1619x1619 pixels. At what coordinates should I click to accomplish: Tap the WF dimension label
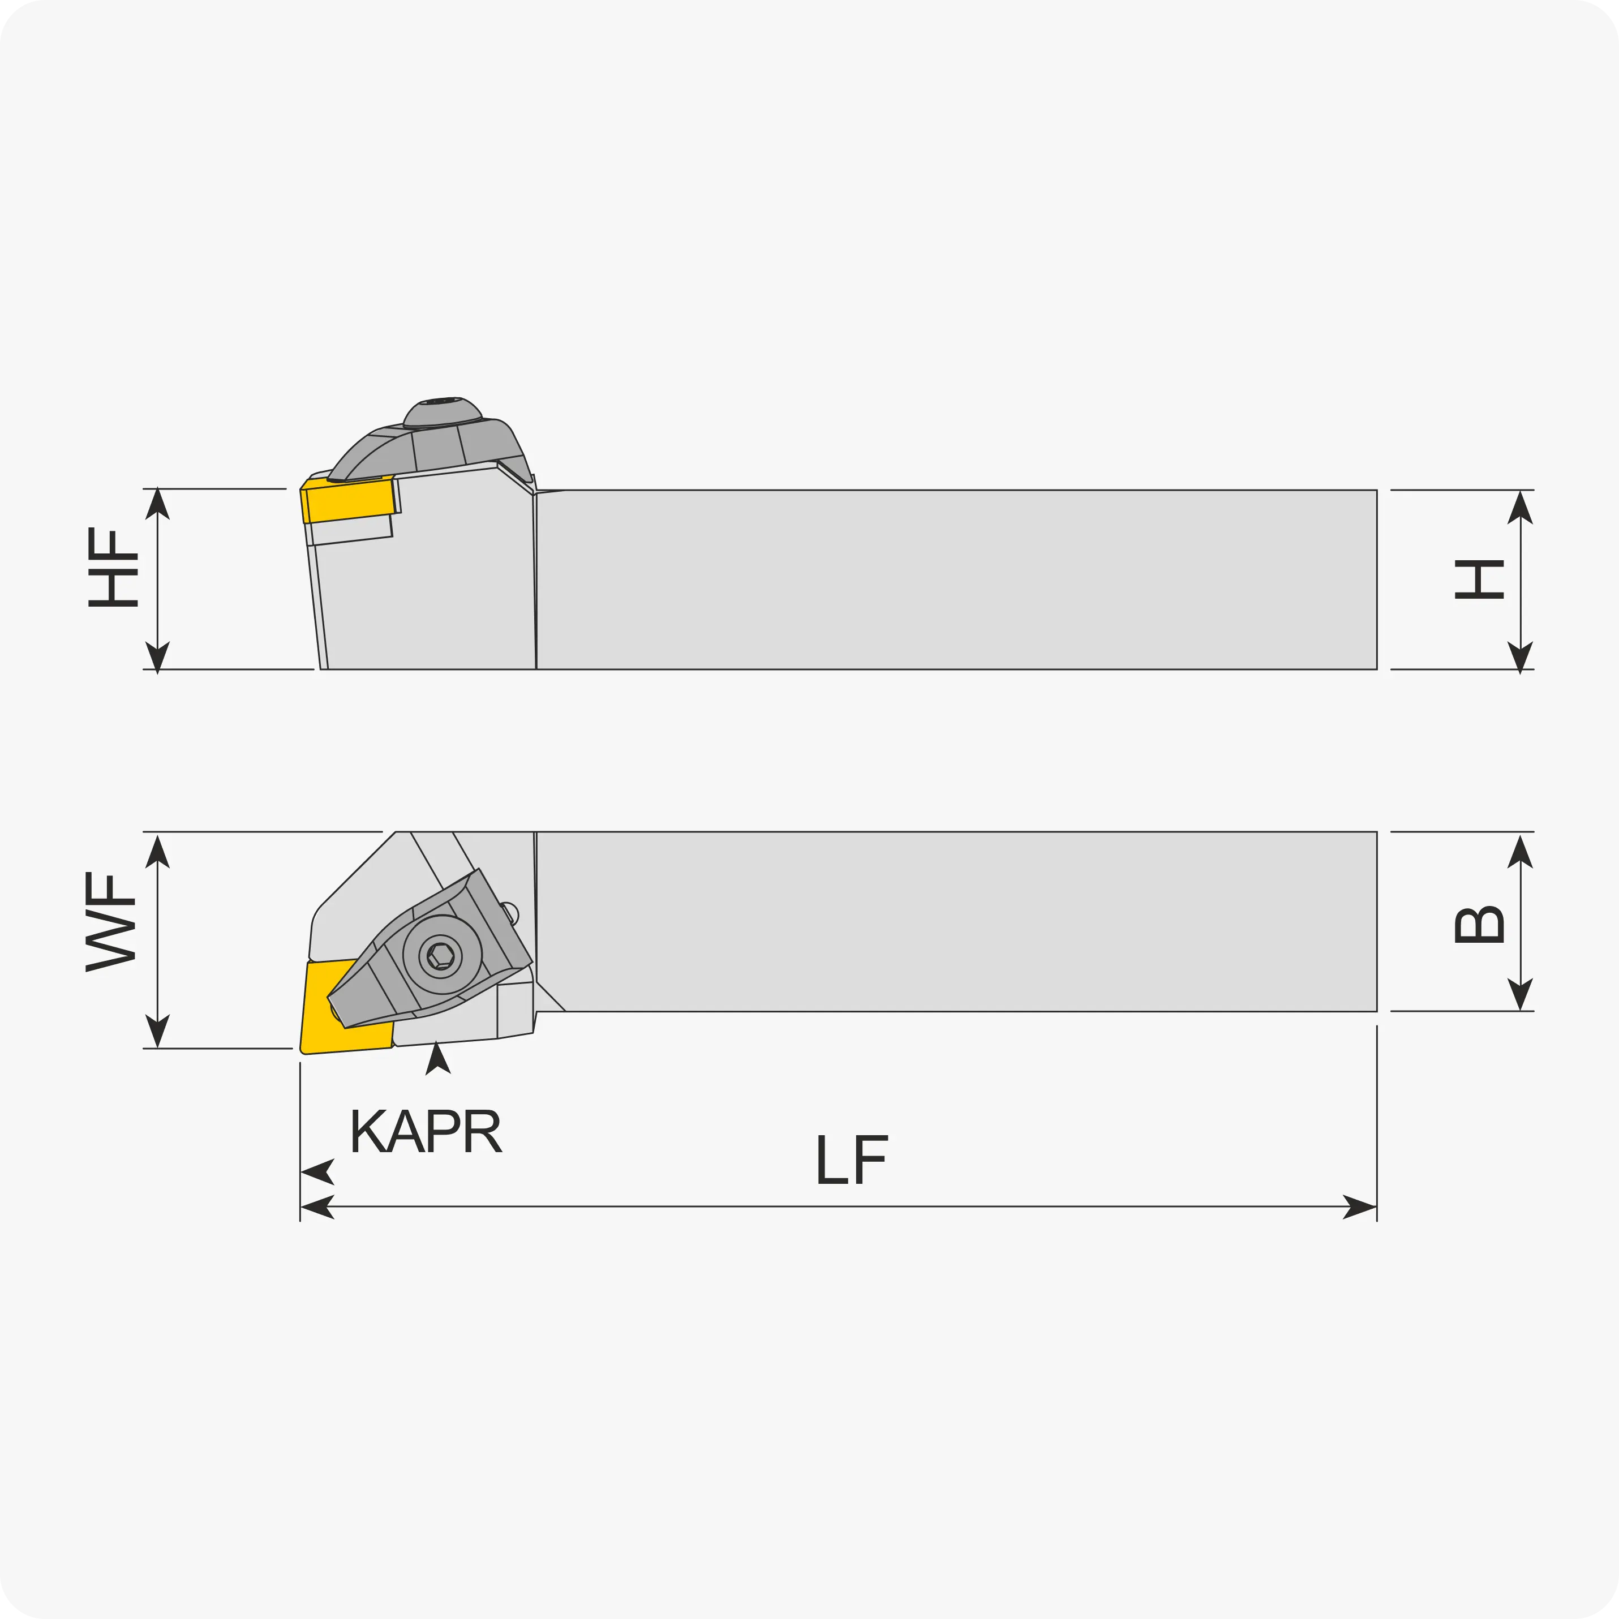point(110,922)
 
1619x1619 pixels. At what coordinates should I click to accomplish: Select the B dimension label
point(1479,924)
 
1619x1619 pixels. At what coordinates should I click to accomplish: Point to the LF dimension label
point(852,1159)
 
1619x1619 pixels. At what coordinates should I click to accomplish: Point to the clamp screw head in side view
point(443,413)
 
